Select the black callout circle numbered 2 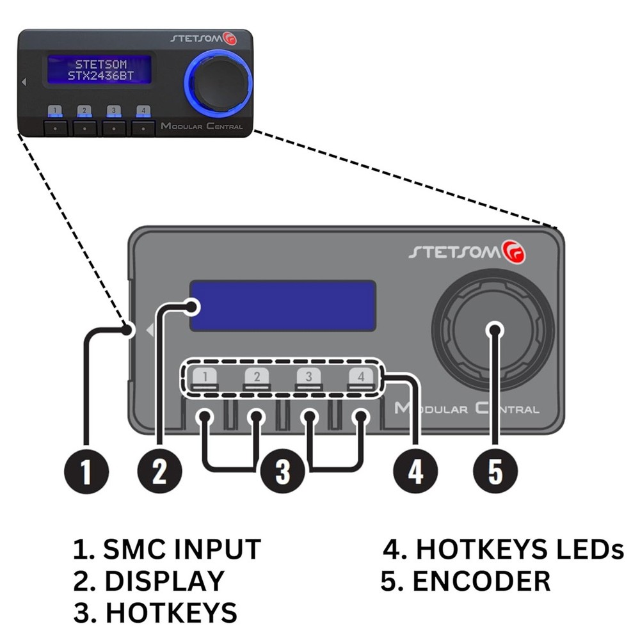click(x=159, y=473)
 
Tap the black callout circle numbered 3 click(x=282, y=473)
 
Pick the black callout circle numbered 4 click(x=415, y=473)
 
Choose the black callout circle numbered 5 click(x=495, y=473)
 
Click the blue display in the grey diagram click(x=282, y=306)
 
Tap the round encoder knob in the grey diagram click(x=493, y=330)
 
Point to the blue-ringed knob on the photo click(x=218, y=83)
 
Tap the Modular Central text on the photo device click(x=202, y=126)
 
